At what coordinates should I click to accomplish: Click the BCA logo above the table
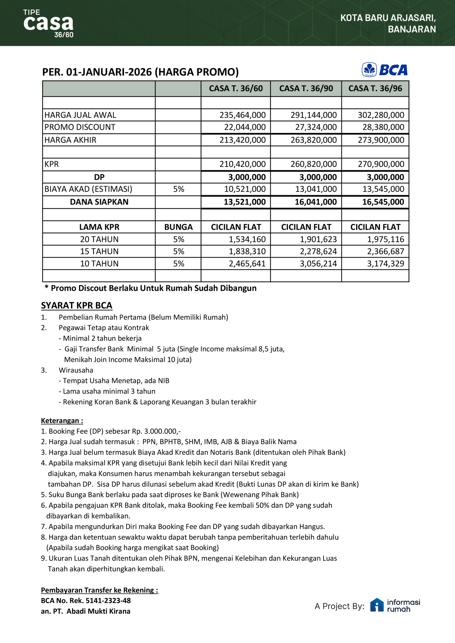coord(384,70)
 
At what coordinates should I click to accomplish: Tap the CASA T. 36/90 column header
coord(306,88)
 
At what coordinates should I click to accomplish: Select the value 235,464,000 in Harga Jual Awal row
coord(243,115)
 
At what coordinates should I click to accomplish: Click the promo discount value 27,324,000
coord(316,127)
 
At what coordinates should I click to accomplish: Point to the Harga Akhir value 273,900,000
coord(381,140)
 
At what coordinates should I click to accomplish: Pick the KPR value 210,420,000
coord(243,164)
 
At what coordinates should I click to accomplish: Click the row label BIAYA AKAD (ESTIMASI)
coord(88,189)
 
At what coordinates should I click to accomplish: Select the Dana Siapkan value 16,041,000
coord(316,202)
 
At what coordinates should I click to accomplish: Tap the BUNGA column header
coord(178,227)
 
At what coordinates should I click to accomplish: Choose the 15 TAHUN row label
coord(99,251)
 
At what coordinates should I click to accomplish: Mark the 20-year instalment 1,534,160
coord(247,239)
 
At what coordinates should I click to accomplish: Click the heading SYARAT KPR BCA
coord(76,305)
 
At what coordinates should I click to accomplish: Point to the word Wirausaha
coord(76,370)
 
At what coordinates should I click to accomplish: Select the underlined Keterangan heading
coord(62,421)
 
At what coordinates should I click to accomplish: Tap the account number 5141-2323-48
coord(108,601)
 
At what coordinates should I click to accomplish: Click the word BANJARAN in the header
coord(412,29)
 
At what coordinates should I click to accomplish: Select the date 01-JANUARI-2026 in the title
coord(109,72)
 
